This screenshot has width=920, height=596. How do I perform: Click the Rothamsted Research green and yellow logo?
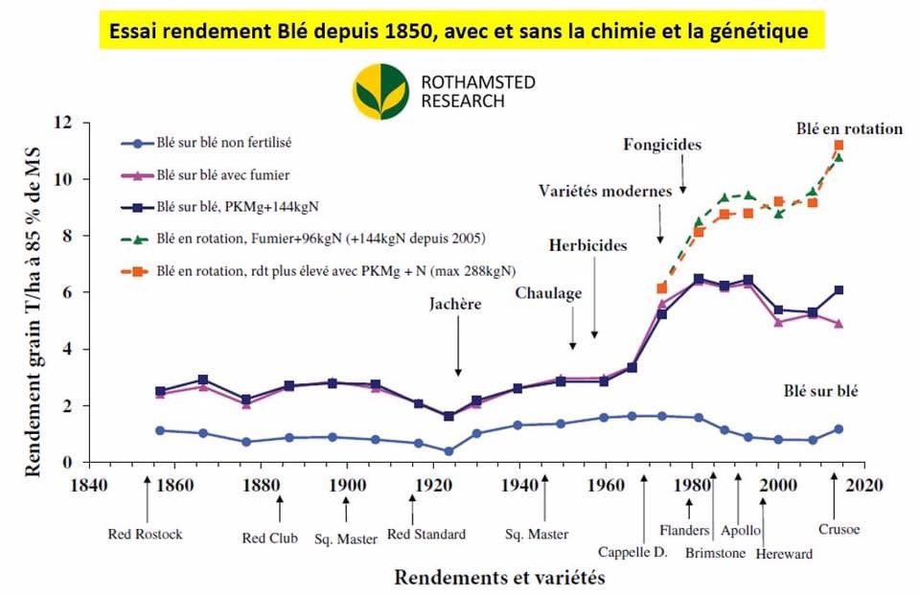380,91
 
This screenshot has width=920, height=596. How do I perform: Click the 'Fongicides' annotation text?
663,146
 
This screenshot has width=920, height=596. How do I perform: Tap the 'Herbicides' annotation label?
587,245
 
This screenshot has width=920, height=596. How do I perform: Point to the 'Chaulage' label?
548,293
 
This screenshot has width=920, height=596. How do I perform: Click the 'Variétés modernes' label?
605,191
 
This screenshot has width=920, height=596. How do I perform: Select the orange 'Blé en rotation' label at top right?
848,128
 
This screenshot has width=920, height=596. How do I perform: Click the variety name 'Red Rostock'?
145,534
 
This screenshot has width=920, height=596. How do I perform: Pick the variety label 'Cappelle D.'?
632,552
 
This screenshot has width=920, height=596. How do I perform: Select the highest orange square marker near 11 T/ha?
839,146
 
